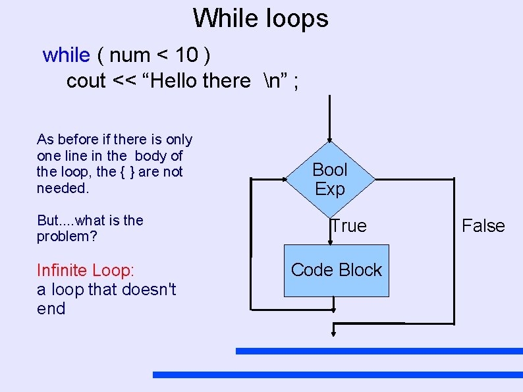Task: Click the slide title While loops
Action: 261,18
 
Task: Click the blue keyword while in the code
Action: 66,55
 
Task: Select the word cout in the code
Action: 86,81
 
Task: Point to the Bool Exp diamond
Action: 330,179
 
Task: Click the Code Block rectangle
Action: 337,270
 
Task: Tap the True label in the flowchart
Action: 349,226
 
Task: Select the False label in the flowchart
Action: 483,226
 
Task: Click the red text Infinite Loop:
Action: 86,270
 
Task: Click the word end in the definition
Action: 51,308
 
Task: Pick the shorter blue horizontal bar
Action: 379,351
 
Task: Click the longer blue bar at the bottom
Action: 337,375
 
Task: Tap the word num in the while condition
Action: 130,55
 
